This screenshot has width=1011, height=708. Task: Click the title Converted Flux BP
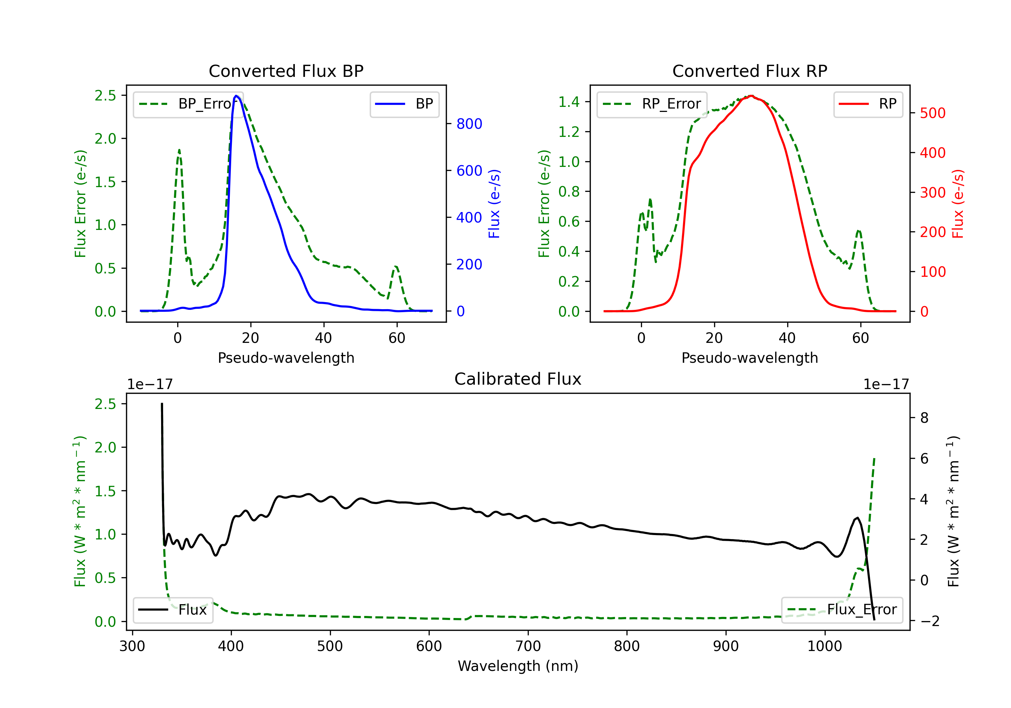(286, 71)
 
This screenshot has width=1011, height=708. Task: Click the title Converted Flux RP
(749, 71)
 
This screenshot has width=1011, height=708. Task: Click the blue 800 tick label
(469, 124)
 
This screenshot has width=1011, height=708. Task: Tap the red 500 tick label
(932, 113)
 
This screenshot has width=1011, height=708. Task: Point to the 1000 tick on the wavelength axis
(824, 646)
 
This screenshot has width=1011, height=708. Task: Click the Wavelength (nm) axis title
(518, 666)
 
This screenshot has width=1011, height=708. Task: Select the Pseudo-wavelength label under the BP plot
(286, 358)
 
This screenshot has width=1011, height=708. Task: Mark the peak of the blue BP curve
(237, 96)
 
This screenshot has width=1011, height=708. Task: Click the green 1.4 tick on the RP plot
(569, 102)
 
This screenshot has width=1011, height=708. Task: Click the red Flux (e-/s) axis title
(957, 204)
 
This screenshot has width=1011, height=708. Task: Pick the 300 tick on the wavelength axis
(132, 646)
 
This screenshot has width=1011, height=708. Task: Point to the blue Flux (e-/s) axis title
(494, 204)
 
